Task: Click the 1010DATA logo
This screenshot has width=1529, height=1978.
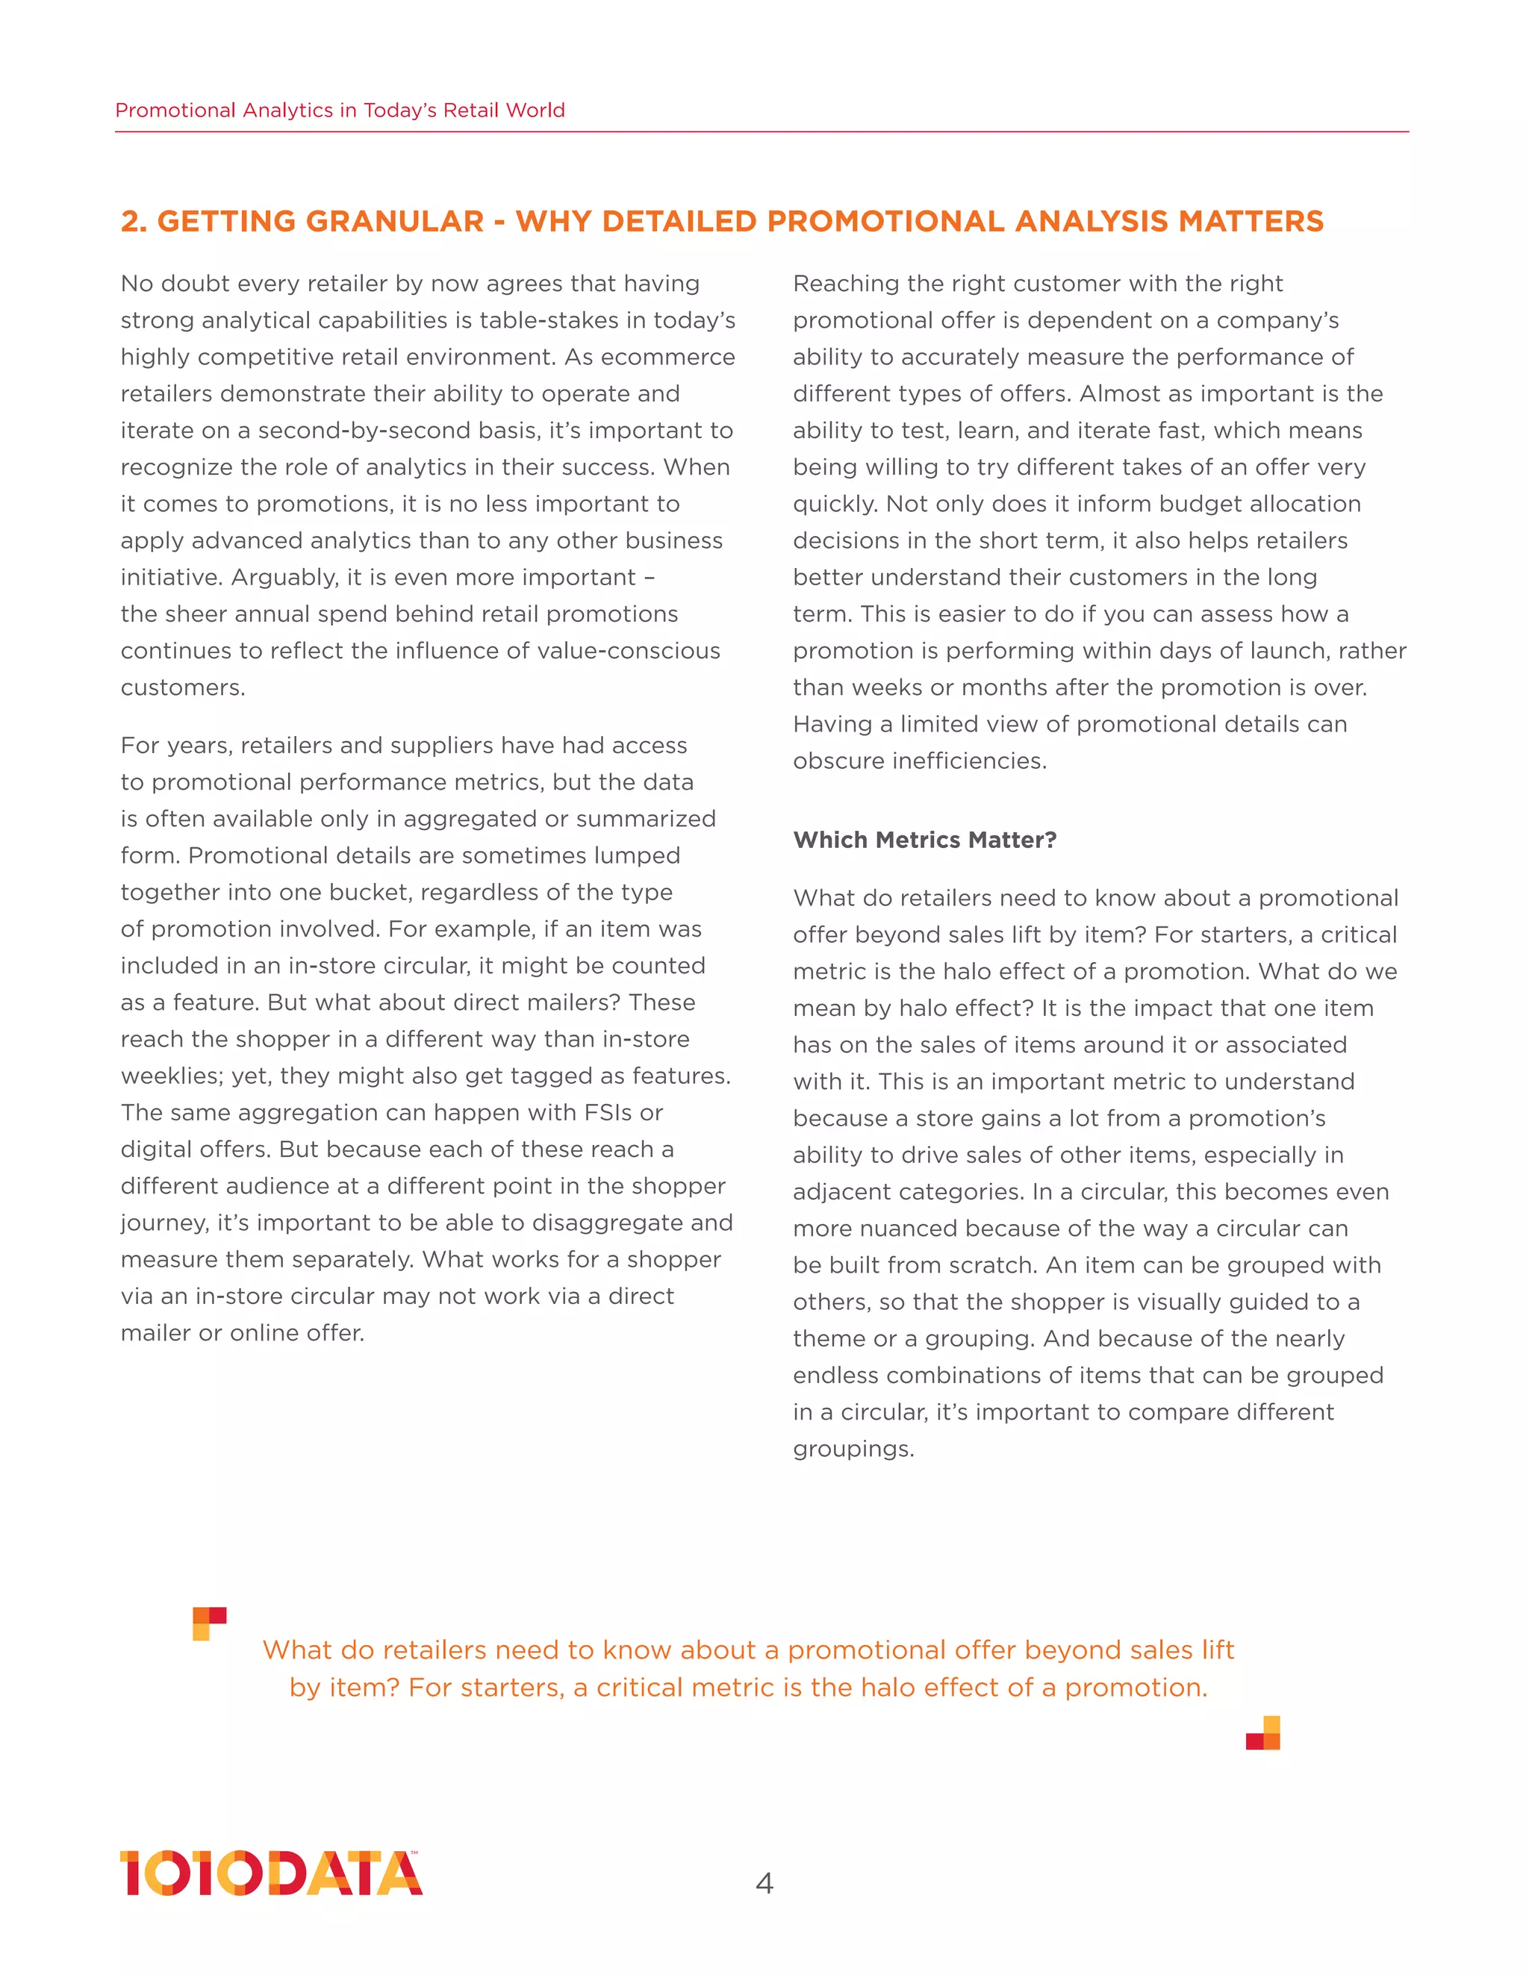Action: tap(271, 1873)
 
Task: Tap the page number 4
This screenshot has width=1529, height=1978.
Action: tap(764, 1884)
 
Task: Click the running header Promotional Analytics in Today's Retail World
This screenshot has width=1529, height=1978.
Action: tap(340, 110)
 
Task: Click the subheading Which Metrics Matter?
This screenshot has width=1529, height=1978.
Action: tap(924, 840)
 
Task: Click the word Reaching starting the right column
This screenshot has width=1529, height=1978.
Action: tap(845, 284)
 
